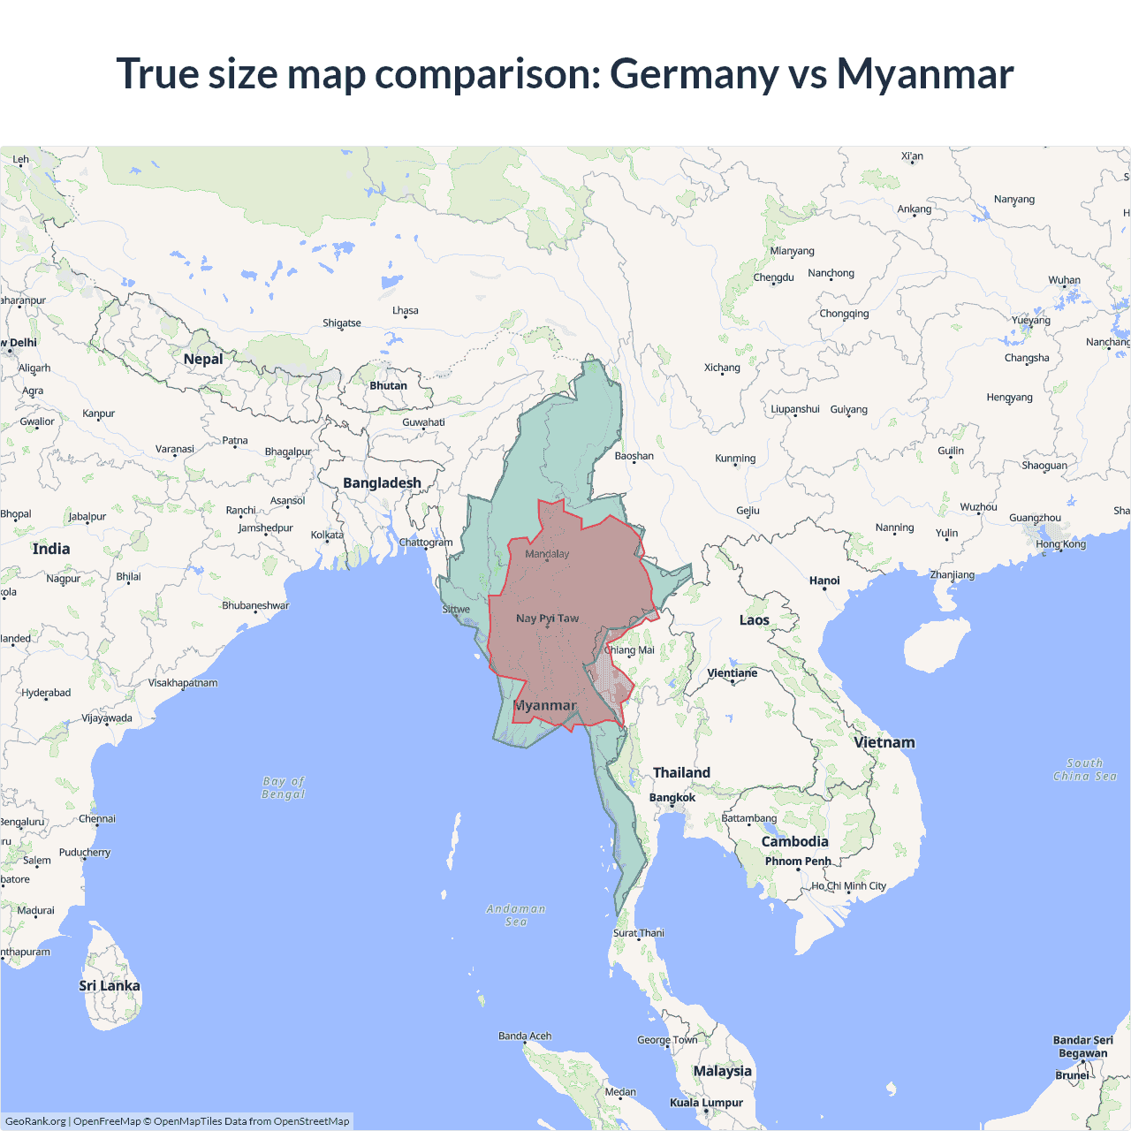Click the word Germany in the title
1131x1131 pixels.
694,73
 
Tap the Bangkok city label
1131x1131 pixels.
672,798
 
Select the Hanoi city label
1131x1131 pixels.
824,581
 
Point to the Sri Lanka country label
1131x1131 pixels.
110,986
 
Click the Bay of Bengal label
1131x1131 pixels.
284,787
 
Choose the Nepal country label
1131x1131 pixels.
203,359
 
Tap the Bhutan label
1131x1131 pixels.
389,386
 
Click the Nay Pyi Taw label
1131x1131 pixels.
547,619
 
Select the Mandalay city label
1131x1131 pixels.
547,554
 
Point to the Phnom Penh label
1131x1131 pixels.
798,862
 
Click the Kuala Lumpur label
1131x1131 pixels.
706,1103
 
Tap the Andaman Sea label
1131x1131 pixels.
516,915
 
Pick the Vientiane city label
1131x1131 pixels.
732,673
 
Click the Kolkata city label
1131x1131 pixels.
327,535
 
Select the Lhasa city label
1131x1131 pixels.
406,311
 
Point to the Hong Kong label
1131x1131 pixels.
1060,544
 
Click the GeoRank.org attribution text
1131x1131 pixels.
35,1121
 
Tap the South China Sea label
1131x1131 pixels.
1085,770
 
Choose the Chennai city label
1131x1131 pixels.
97,819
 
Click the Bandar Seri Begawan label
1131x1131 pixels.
1083,1046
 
